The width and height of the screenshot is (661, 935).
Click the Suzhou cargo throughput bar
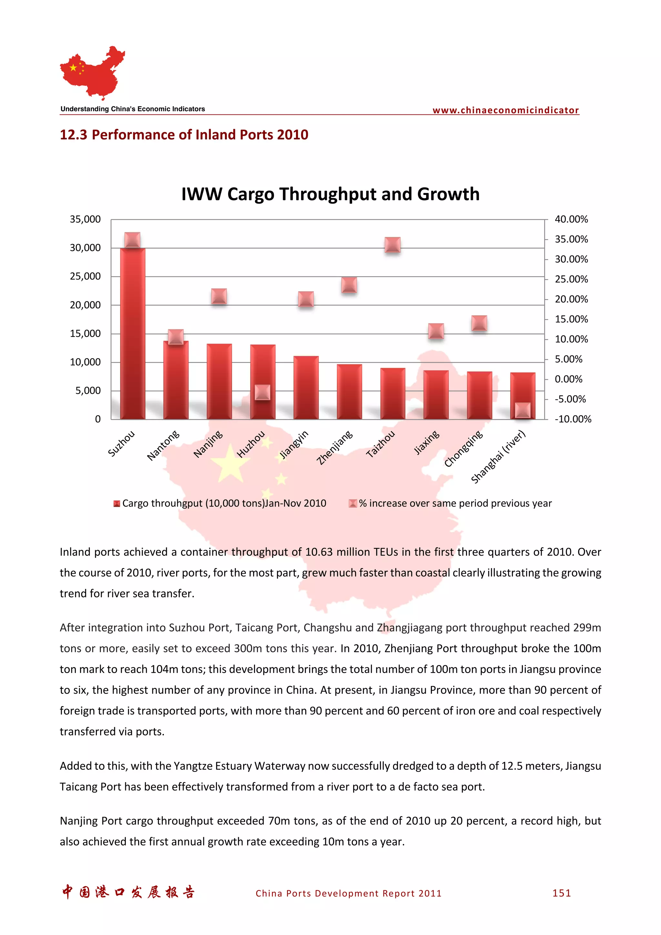132,334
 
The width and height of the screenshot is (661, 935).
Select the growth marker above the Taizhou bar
392,245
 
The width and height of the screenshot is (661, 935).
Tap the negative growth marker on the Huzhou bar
262,392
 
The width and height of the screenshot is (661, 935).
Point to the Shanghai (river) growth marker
523,410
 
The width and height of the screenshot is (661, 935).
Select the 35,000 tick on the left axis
85,219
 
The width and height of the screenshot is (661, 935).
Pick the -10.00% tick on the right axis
573,419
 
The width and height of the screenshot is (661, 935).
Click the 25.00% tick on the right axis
571,279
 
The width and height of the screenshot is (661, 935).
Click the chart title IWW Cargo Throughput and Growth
330,194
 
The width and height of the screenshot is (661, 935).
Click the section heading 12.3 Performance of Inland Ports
184,135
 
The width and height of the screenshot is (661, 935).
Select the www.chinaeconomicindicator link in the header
505,110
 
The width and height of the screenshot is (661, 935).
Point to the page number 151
561,893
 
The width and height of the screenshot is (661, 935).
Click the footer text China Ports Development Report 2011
348,893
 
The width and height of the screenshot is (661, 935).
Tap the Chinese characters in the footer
128,892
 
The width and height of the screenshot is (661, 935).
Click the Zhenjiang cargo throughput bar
349,392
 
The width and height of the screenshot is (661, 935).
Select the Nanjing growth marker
219,296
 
